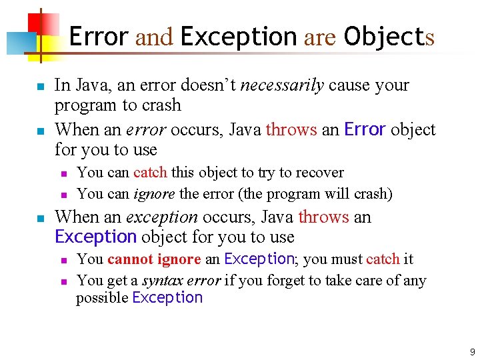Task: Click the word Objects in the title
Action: [x=389, y=37]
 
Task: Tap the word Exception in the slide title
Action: [x=238, y=37]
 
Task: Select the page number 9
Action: [x=472, y=352]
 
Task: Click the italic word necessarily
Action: [x=282, y=85]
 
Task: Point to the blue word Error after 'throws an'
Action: [x=365, y=129]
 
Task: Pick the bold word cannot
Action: [x=131, y=259]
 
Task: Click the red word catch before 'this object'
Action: [x=150, y=173]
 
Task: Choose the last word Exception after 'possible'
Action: [x=167, y=298]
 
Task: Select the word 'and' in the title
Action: [x=154, y=37]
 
